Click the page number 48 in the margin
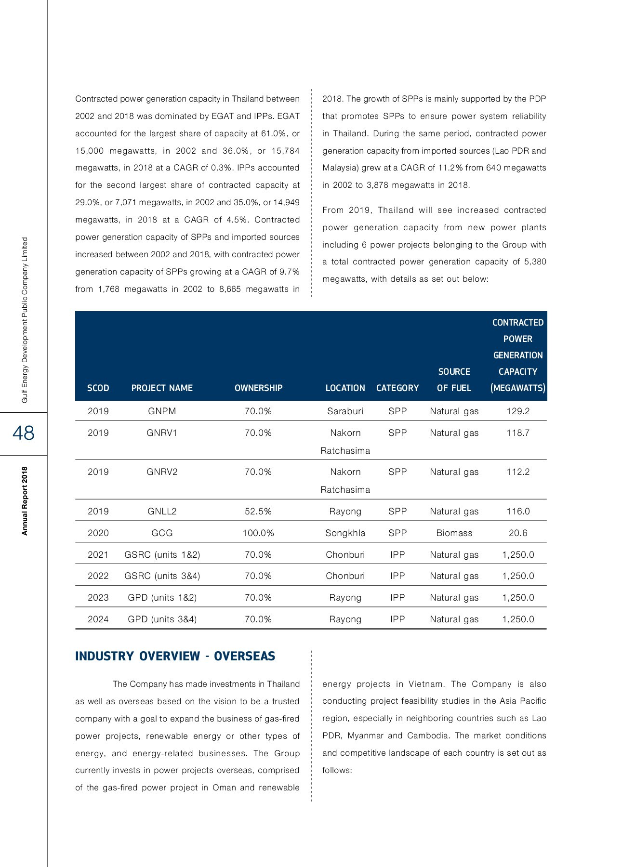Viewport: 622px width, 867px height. pyautogui.click(x=24, y=433)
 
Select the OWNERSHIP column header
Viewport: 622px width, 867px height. pyautogui.click(x=258, y=388)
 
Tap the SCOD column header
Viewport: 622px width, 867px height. pyautogui.click(x=98, y=388)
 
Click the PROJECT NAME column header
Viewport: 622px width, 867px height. pyautogui.click(x=162, y=388)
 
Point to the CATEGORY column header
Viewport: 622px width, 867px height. pyautogui.click(x=397, y=388)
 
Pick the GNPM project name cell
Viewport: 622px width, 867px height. pyautogui.click(x=162, y=411)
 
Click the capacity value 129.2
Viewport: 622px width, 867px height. pyautogui.click(x=518, y=411)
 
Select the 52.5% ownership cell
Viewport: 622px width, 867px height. pyautogui.click(x=258, y=511)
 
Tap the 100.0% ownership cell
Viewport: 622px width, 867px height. pyautogui.click(x=258, y=533)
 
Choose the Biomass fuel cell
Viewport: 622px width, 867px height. pyautogui.click(x=454, y=533)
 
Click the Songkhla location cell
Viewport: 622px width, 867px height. pyautogui.click(x=345, y=533)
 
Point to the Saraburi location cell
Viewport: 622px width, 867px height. pyautogui.click(x=345, y=411)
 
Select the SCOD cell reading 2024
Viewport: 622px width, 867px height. pyautogui.click(x=98, y=619)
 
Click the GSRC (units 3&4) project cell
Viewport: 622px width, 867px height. pyautogui.click(x=162, y=576)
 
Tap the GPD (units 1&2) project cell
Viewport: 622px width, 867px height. pyautogui.click(x=162, y=597)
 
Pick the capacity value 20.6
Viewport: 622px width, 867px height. pyautogui.click(x=518, y=533)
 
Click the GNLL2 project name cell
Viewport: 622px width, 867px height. pyautogui.click(x=162, y=511)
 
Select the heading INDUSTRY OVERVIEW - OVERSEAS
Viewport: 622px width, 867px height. pyautogui.click(x=175, y=656)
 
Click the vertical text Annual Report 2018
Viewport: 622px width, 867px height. pyautogui.click(x=25, y=500)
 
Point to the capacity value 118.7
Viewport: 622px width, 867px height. pyautogui.click(x=518, y=433)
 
